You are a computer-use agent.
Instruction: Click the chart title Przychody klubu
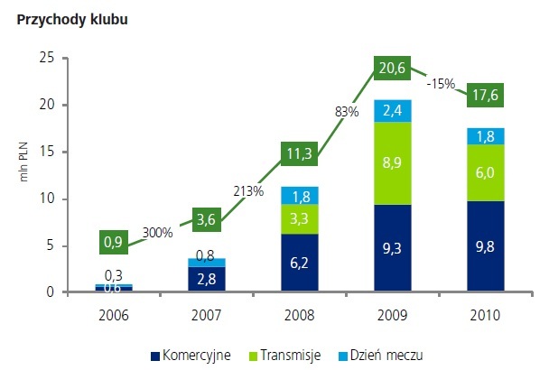click(x=64, y=20)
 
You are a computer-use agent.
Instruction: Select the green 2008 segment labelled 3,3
click(x=300, y=217)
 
